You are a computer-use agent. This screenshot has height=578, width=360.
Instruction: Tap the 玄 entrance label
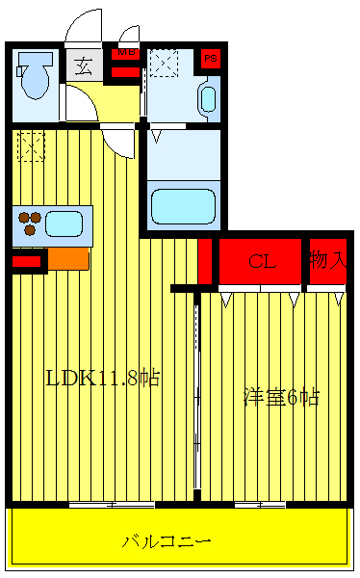point(83,66)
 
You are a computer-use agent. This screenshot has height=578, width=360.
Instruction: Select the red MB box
point(125,62)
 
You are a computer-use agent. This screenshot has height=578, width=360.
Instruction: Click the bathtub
point(184,205)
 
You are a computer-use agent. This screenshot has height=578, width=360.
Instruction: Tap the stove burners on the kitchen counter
point(29,223)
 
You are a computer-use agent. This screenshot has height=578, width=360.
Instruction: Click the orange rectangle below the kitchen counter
point(68,258)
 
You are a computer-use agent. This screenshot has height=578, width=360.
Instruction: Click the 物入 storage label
point(326,260)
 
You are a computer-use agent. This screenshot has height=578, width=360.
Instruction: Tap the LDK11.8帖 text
point(102,378)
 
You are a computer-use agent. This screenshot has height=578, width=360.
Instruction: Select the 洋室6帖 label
point(280,396)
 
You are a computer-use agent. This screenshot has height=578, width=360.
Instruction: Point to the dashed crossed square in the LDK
point(30,145)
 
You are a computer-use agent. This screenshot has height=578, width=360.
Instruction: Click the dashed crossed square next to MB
point(163,65)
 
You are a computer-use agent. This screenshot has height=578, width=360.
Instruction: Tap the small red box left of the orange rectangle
point(26,259)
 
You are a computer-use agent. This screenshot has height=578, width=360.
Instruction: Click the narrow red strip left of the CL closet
point(204,261)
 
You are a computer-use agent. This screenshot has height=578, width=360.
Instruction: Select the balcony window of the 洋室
point(266,504)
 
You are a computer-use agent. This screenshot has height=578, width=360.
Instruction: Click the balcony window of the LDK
point(112,504)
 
